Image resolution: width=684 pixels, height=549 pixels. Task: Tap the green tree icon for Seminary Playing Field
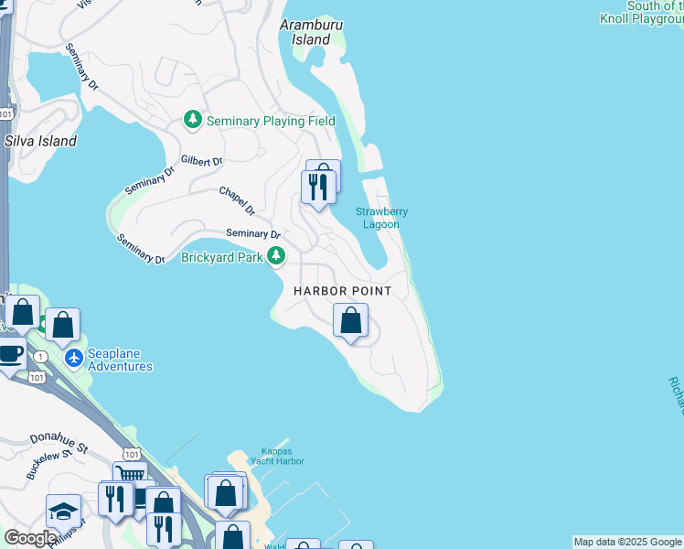tap(193, 120)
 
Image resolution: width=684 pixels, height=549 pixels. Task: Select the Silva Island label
tap(40, 141)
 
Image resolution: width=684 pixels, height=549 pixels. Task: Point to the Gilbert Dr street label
tap(202, 161)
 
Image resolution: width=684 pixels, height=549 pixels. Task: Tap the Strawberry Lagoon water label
tap(381, 218)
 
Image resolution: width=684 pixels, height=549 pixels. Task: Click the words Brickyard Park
tap(222, 258)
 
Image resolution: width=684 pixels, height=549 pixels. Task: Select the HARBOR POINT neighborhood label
tap(342, 291)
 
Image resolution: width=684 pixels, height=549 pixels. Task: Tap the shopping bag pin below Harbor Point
tap(349, 320)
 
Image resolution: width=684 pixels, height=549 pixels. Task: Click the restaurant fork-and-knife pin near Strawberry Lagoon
tap(317, 188)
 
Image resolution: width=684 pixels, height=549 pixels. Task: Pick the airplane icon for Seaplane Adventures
tap(75, 356)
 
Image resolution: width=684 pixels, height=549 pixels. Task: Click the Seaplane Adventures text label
tap(120, 360)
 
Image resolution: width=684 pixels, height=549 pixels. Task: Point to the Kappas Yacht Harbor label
tap(280, 456)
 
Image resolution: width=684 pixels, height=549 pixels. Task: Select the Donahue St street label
tap(58, 444)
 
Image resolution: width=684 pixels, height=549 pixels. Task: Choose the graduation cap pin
tap(62, 511)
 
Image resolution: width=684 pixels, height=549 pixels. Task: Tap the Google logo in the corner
tap(30, 539)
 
